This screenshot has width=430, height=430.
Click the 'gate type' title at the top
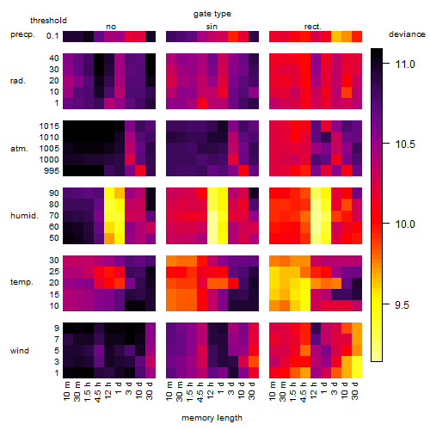pyautogui.click(x=212, y=14)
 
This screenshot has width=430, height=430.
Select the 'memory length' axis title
pyautogui.click(x=212, y=418)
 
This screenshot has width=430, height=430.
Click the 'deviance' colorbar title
pyautogui.click(x=407, y=34)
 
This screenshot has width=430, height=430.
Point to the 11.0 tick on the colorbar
pyautogui.click(x=386, y=64)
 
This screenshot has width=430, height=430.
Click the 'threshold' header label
pyautogui.click(x=48, y=21)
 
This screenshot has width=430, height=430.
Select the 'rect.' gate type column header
pyautogui.click(x=313, y=27)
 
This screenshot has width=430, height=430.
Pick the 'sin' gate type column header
pyautogui.click(x=212, y=27)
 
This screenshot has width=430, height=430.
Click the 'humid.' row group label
pyautogui.click(x=24, y=216)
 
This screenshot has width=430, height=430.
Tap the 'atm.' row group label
pyautogui.click(x=19, y=149)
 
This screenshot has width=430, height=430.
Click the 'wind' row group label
pyautogui.click(x=20, y=351)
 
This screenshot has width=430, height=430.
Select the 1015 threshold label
pyautogui.click(x=49, y=126)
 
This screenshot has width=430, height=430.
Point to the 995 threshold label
pyautogui.click(x=52, y=171)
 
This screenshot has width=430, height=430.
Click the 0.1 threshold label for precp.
pyautogui.click(x=52, y=36)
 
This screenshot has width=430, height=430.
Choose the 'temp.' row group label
pyautogui.click(x=21, y=282)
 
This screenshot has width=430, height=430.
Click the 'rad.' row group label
pyautogui.click(x=18, y=81)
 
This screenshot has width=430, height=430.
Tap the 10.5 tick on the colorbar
pyautogui.click(x=386, y=143)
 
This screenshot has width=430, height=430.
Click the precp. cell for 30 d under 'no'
pyautogui.click(x=150, y=36)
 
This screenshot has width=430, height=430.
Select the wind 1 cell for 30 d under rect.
pyautogui.click(x=357, y=372)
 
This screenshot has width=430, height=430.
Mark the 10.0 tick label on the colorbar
pyautogui.click(x=405, y=224)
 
